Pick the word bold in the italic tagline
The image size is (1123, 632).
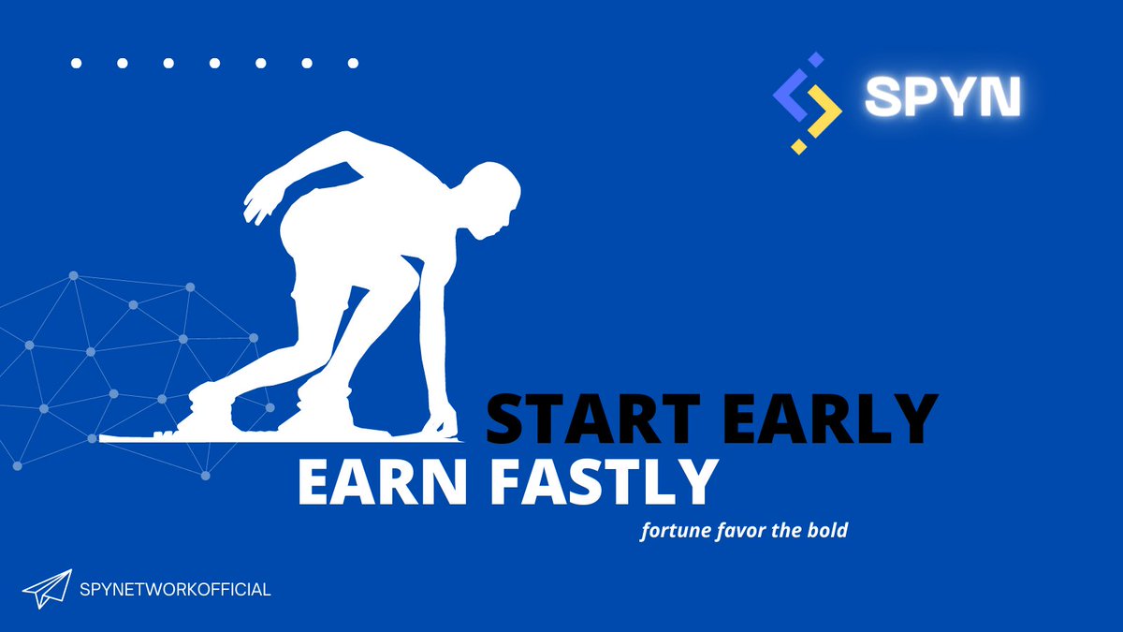(828, 531)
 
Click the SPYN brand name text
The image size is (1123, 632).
(941, 96)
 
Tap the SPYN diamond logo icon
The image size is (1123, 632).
(807, 102)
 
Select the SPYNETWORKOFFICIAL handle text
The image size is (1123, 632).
(177, 590)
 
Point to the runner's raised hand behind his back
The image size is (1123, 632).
(256, 206)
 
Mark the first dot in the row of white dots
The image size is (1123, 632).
(76, 64)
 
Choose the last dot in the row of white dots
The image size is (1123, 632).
(353, 64)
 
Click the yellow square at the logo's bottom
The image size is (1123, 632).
(799, 145)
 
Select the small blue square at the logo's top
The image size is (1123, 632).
(815, 59)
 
